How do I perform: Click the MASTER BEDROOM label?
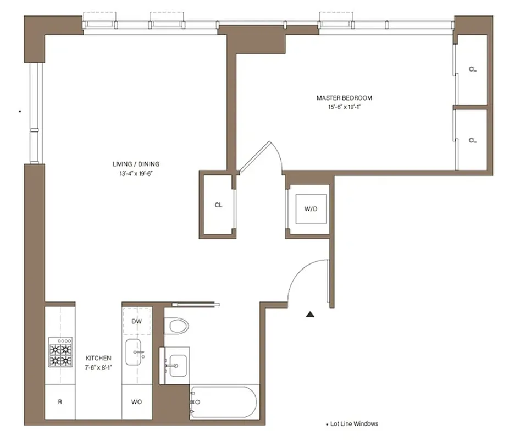point(344,98)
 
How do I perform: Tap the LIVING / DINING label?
point(136,164)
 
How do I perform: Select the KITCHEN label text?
point(98,358)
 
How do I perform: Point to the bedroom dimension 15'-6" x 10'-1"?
point(344,107)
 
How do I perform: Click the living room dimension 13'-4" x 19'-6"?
point(136,173)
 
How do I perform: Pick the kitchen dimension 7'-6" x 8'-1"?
point(98,367)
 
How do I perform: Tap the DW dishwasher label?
point(137,322)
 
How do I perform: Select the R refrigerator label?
point(60,402)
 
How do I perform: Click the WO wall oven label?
point(137,402)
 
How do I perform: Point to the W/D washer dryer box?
point(311,209)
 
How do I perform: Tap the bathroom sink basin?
point(178,364)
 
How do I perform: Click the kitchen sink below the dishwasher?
point(135,352)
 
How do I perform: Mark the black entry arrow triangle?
point(311,315)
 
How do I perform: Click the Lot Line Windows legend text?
point(354,424)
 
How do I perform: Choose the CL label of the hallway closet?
point(218,205)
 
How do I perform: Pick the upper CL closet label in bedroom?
point(472,69)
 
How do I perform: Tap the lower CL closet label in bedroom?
point(472,140)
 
